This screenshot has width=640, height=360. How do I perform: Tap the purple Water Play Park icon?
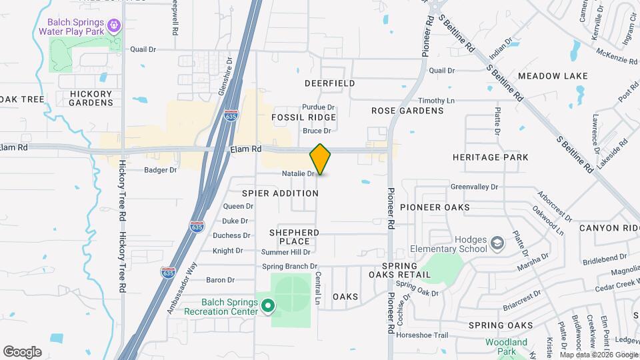tap(114, 25)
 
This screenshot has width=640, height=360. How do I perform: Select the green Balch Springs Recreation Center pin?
tap(268, 306)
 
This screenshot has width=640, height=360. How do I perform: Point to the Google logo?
tap(22, 351)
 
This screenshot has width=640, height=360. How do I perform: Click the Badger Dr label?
tap(160, 170)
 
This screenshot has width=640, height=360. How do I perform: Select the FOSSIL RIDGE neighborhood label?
tap(303, 117)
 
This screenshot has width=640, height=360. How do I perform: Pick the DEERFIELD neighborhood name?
tap(329, 83)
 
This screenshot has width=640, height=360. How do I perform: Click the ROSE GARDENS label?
tap(407, 111)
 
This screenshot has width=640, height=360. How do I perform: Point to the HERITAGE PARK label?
tap(490, 157)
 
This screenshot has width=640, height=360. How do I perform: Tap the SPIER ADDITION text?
tap(280, 193)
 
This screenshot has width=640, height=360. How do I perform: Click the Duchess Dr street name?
tap(231, 235)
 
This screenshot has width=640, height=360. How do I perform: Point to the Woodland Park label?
tap(506, 347)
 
